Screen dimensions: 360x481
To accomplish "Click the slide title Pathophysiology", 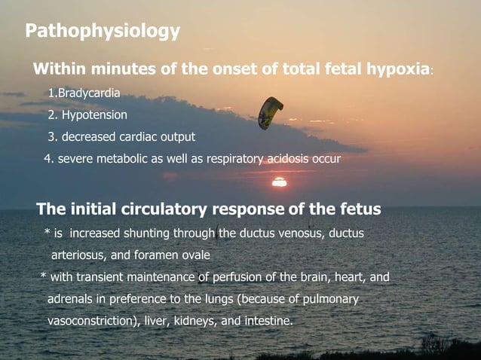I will pyautogui.click(x=103, y=32).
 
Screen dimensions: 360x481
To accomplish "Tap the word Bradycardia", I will pyautogui.click(x=87, y=94).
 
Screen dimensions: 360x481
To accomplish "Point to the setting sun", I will pyautogui.click(x=279, y=182).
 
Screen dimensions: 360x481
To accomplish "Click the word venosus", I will pyautogui.click(x=296, y=233).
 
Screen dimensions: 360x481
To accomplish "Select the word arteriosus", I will pyautogui.click(x=78, y=255).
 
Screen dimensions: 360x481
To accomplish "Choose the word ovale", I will pyautogui.click(x=195, y=255).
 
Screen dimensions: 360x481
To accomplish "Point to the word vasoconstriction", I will pyautogui.click(x=91, y=321).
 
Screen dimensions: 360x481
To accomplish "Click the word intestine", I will pyautogui.click(x=268, y=321).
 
